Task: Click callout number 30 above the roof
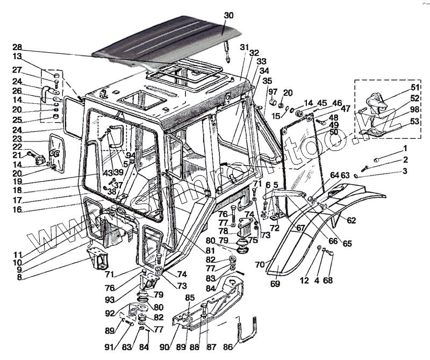pyautogui.click(x=229, y=16)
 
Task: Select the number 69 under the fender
pyautogui.click(x=275, y=284)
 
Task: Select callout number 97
pyautogui.click(x=273, y=92)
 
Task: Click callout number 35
pyautogui.click(x=267, y=81)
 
